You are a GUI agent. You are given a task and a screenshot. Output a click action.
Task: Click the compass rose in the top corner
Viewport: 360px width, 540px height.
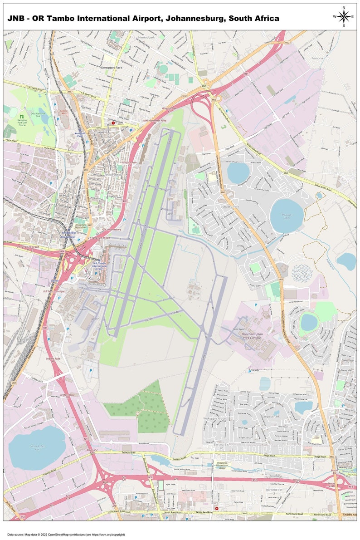344,17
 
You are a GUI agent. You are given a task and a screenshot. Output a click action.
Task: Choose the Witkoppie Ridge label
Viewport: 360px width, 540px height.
215,418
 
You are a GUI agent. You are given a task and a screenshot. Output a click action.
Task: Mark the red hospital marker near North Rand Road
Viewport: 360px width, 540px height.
217,508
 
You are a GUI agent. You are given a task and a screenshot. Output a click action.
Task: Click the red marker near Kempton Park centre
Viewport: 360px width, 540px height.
113,123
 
